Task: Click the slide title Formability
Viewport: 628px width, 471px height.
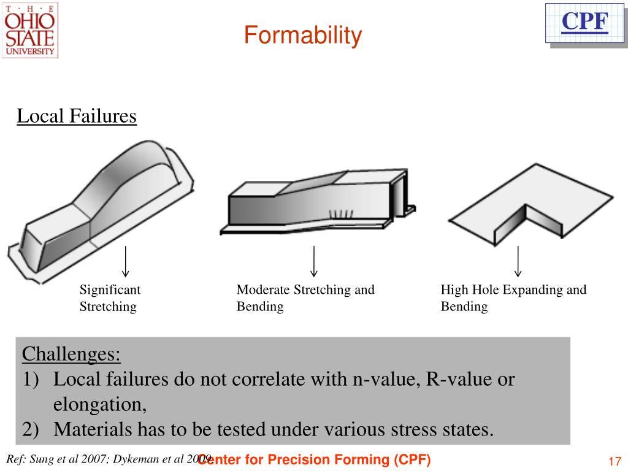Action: click(x=303, y=36)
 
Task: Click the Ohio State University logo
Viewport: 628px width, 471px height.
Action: click(x=30, y=30)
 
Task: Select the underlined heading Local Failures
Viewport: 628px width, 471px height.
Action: click(x=76, y=116)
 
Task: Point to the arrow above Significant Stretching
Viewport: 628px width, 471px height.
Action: click(x=125, y=261)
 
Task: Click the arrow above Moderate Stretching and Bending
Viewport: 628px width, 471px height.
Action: click(x=314, y=261)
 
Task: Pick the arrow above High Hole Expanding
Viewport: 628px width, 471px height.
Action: click(x=518, y=261)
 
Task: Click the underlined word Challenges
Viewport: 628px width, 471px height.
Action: click(x=71, y=354)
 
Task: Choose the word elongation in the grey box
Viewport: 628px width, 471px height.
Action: click(x=98, y=405)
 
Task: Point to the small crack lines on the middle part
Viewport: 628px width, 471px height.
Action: click(x=341, y=214)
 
